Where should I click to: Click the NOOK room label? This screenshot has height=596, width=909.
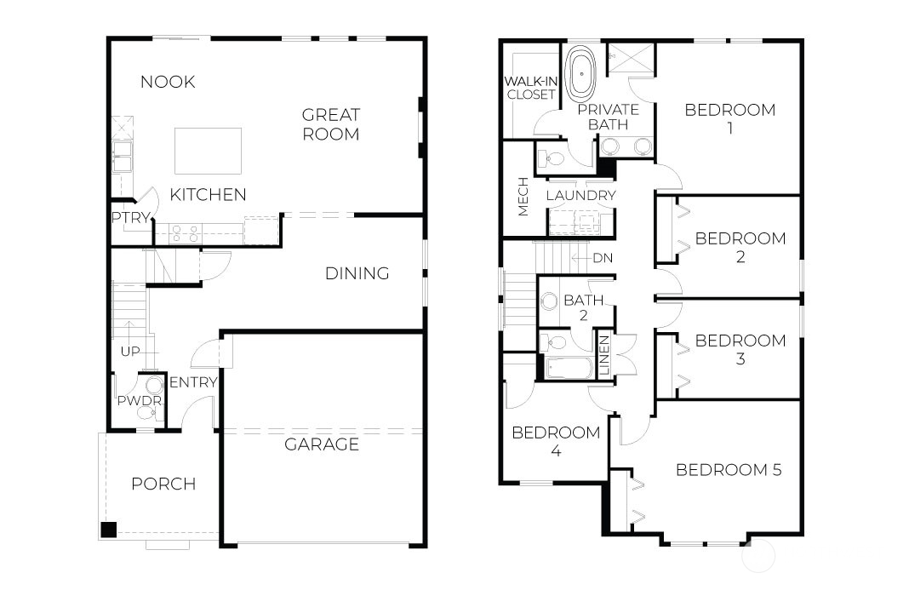(x=168, y=82)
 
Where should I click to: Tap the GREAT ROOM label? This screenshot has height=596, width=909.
(x=331, y=124)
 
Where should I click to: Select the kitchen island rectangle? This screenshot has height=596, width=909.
(x=208, y=151)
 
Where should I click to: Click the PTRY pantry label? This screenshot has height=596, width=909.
(x=130, y=217)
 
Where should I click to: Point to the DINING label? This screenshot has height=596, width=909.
(x=357, y=273)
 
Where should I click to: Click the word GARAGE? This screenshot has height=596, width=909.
(x=321, y=444)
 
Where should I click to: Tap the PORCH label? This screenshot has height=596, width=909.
(x=163, y=484)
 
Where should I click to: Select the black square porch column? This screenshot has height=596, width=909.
(x=108, y=530)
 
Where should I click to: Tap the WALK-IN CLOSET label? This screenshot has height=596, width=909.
(x=530, y=88)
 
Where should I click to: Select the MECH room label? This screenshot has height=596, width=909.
(x=523, y=197)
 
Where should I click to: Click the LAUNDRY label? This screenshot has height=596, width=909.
(x=580, y=196)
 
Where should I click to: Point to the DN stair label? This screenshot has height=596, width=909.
(x=603, y=258)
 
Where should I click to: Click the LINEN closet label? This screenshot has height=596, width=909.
(x=604, y=357)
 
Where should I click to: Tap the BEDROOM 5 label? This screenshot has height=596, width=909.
(x=728, y=470)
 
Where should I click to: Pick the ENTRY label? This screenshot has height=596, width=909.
(x=193, y=382)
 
